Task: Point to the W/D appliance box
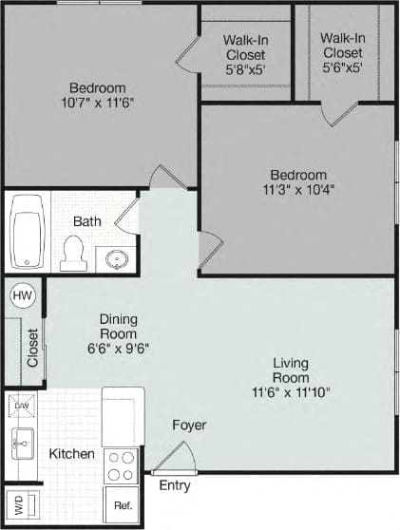tap(19, 503)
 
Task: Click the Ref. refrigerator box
tap(123, 505)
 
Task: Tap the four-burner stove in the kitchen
tap(122, 465)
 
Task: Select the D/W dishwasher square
tap(22, 406)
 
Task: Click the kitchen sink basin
tap(22, 442)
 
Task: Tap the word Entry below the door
tap(174, 485)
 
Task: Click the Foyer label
tap(189, 425)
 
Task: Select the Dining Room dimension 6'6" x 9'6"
tap(119, 348)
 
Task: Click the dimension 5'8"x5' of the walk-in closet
tap(243, 68)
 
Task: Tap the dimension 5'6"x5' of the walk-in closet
tap(343, 67)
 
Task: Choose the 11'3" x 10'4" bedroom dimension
tap(297, 188)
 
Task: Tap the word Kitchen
tap(72, 454)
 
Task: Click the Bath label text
tap(87, 221)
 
